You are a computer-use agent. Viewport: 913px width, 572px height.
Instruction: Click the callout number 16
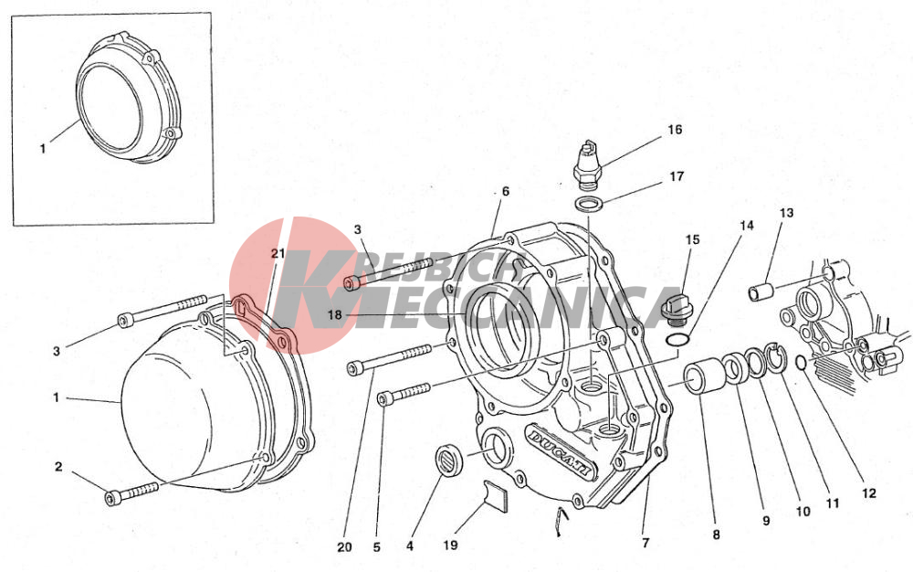(x=675, y=130)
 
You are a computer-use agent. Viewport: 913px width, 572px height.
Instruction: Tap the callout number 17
(x=676, y=176)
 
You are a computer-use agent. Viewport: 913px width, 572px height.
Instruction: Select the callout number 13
(x=786, y=213)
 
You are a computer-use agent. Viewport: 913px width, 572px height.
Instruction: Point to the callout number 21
(x=278, y=253)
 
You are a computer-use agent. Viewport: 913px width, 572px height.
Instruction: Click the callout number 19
(x=451, y=546)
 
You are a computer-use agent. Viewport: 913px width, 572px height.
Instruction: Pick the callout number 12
(x=869, y=493)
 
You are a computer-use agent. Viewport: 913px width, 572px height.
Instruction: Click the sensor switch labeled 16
(x=589, y=164)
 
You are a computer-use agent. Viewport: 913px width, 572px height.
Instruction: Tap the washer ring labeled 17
(x=589, y=205)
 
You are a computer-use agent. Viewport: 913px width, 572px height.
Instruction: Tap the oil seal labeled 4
(x=450, y=460)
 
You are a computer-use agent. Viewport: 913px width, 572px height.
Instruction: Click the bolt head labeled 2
(x=111, y=498)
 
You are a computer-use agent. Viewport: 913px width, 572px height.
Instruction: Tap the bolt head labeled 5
(x=385, y=398)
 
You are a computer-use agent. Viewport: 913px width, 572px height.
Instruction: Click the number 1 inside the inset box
(x=43, y=149)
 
